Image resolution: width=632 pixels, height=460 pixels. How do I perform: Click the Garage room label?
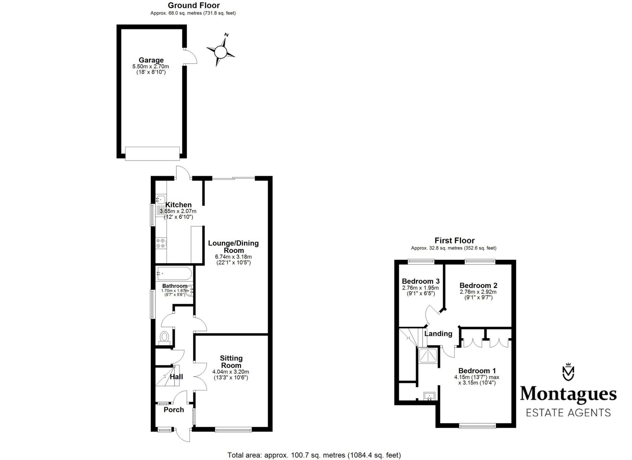151,60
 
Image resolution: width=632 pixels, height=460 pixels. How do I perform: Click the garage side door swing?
191,57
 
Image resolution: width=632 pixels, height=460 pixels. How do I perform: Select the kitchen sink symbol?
161,199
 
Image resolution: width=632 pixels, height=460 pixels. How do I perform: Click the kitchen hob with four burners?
161,243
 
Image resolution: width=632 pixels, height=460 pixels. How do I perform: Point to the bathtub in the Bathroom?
174,274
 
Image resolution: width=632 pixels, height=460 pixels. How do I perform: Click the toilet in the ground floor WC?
164,337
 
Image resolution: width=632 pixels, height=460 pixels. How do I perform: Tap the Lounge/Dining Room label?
233,246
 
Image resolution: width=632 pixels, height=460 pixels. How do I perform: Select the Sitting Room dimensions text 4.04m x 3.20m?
231,372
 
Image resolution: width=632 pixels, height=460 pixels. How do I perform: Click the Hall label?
176,377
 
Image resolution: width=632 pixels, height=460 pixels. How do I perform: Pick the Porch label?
174,410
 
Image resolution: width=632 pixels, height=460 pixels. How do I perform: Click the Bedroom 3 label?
420,281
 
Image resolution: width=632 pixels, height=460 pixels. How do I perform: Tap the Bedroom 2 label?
478,285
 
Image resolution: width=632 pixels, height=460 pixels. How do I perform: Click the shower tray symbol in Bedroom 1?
429,356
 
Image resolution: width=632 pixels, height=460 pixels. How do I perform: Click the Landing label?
438,334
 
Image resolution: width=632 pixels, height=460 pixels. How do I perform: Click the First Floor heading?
454,240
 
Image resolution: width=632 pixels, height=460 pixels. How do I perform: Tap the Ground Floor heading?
194,5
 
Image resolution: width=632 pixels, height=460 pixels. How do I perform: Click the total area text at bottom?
314,455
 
